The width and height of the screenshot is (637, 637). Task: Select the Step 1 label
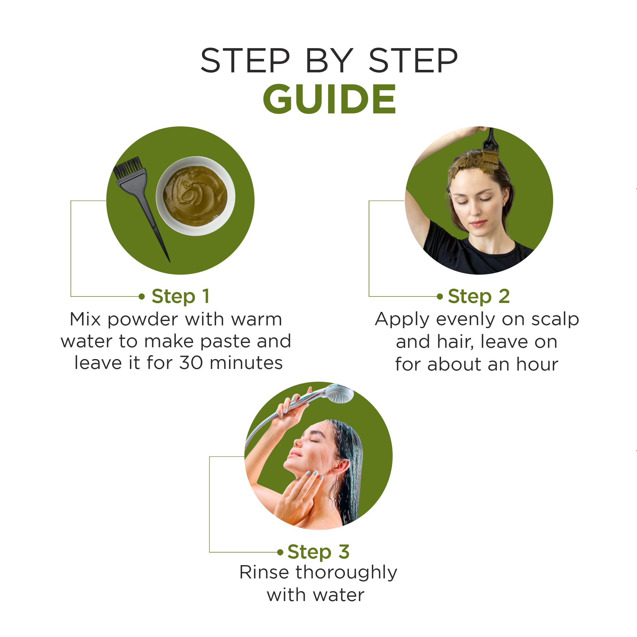pos(180,296)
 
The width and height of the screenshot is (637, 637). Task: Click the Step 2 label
pos(479,296)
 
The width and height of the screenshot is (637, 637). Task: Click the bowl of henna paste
pos(195,196)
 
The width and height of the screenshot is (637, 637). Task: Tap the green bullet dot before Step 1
pos(142,296)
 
